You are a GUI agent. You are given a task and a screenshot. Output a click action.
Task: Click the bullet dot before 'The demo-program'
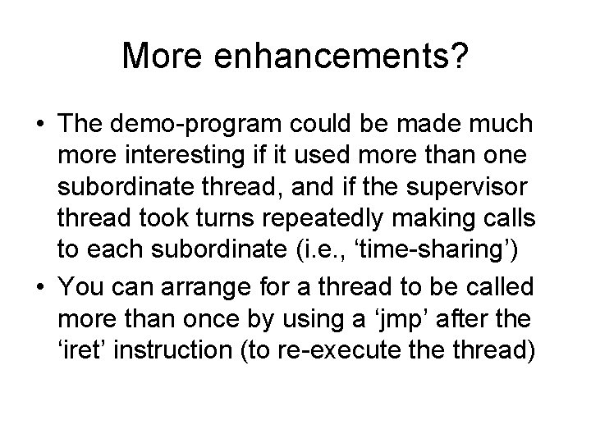click(x=40, y=125)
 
